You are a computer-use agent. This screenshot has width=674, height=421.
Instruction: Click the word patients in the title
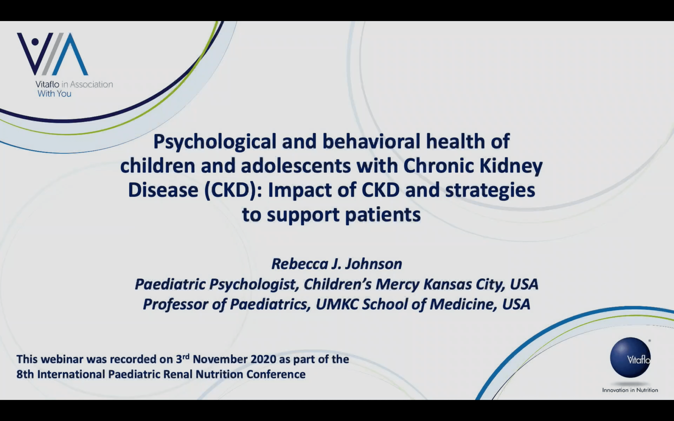tap(383, 215)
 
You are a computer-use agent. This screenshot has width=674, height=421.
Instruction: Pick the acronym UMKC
tap(337, 304)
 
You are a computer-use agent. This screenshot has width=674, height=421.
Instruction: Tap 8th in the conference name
tap(25, 374)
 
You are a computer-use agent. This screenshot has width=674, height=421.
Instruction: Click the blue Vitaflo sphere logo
tap(630, 358)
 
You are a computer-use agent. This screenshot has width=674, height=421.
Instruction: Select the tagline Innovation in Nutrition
tap(630, 390)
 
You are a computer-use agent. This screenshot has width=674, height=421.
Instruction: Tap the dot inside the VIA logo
tap(35, 42)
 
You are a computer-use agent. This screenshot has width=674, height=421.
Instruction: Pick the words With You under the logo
tap(55, 94)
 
